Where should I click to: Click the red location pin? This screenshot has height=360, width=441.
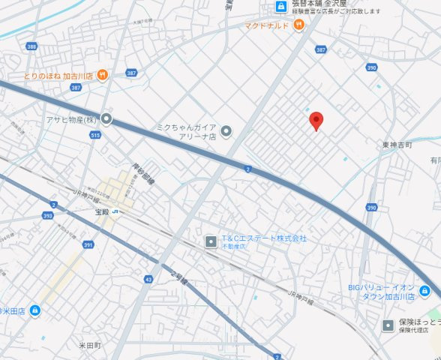(x=316, y=120)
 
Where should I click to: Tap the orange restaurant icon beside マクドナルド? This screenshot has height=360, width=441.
(x=298, y=25)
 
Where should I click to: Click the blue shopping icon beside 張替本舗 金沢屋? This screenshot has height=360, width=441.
(x=280, y=7)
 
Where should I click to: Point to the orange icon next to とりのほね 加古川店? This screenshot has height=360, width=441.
(x=103, y=75)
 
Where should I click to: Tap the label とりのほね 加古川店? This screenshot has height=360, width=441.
(x=58, y=76)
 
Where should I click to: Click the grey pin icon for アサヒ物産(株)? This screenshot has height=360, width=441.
(x=107, y=118)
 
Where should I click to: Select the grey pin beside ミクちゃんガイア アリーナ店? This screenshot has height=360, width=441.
(x=226, y=132)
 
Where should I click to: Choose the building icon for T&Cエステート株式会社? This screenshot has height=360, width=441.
(x=211, y=241)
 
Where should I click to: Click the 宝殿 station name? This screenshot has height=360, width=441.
(x=103, y=212)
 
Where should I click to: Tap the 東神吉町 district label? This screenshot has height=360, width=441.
(x=397, y=145)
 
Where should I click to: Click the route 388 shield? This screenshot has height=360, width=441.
(x=31, y=46)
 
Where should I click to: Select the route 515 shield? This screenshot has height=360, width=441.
(x=94, y=135)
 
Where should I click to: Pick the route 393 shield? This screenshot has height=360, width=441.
(x=48, y=216)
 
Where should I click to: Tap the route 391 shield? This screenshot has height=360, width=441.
(x=88, y=244)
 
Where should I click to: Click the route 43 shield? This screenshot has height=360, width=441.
(x=148, y=279)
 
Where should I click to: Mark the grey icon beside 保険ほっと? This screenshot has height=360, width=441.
(x=388, y=325)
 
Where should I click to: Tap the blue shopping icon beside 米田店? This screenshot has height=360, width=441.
(x=34, y=311)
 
